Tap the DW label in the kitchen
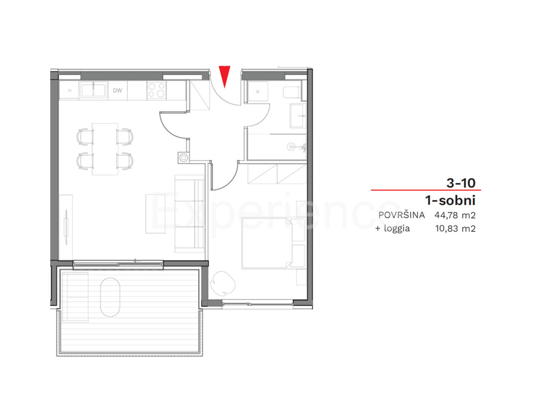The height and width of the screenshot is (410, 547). click(x=118, y=90)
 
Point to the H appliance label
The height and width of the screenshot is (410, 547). click(x=69, y=90)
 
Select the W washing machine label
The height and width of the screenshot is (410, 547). click(x=258, y=91)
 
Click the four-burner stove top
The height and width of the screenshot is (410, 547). click(x=156, y=90)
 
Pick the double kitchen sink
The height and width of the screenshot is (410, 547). click(x=94, y=90)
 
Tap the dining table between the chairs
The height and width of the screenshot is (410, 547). click(x=105, y=149)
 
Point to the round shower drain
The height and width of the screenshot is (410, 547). click(x=291, y=147)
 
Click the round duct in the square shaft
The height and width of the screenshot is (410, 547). click(x=183, y=158)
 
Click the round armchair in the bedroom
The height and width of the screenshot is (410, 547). click(x=224, y=281)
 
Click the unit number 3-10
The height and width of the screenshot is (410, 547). click(x=461, y=183)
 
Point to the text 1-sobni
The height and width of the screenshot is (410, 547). click(x=450, y=200)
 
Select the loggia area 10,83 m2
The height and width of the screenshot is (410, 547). click(x=456, y=229)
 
